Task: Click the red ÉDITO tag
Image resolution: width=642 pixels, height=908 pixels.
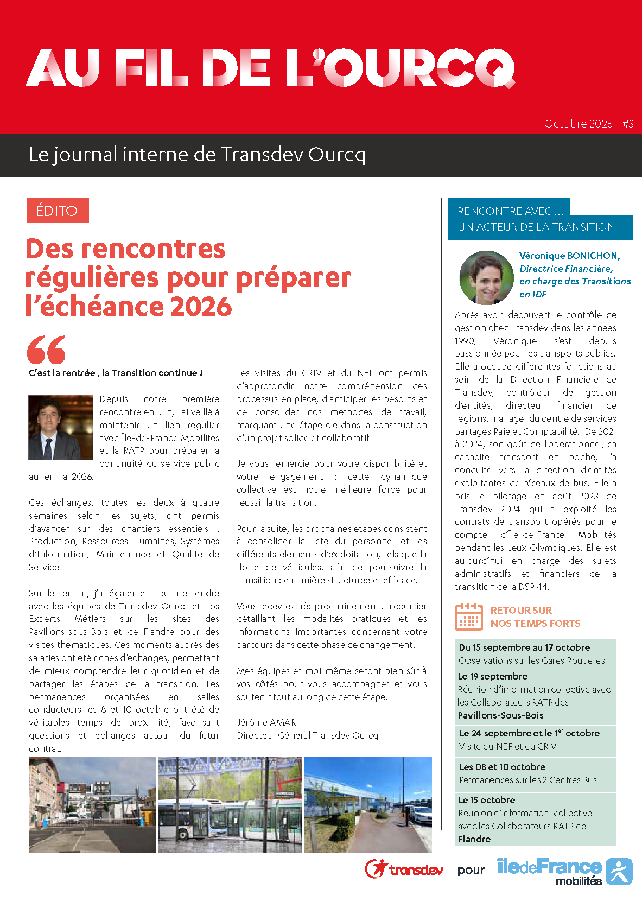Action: (58, 211)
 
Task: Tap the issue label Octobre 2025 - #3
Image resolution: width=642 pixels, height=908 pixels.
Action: (588, 124)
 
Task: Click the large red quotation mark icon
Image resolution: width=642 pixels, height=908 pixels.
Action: (46, 350)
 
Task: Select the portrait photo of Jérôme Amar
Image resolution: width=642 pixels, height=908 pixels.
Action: (61, 428)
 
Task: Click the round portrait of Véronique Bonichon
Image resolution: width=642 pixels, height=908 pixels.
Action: (486, 277)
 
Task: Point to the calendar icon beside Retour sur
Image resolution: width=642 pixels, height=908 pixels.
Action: (469, 617)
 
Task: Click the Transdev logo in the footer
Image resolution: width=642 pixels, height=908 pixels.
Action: (404, 869)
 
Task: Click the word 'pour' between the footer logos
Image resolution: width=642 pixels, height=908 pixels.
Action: (471, 871)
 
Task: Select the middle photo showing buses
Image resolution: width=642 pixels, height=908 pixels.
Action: (230, 805)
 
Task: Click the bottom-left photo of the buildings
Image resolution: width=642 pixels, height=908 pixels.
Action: (92, 805)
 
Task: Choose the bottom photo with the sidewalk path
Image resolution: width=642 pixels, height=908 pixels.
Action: (368, 805)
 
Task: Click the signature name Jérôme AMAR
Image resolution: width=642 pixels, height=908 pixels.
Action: (266, 722)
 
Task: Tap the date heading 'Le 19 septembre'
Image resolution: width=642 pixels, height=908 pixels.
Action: (493, 676)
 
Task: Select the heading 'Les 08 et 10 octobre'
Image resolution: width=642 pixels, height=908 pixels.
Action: (502, 767)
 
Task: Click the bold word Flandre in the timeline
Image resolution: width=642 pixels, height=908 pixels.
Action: (474, 839)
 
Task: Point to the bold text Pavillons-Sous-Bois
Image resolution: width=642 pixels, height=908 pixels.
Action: (500, 715)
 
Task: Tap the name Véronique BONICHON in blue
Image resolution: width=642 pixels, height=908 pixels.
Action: (569, 256)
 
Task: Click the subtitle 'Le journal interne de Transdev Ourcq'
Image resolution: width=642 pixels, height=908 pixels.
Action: (197, 155)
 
